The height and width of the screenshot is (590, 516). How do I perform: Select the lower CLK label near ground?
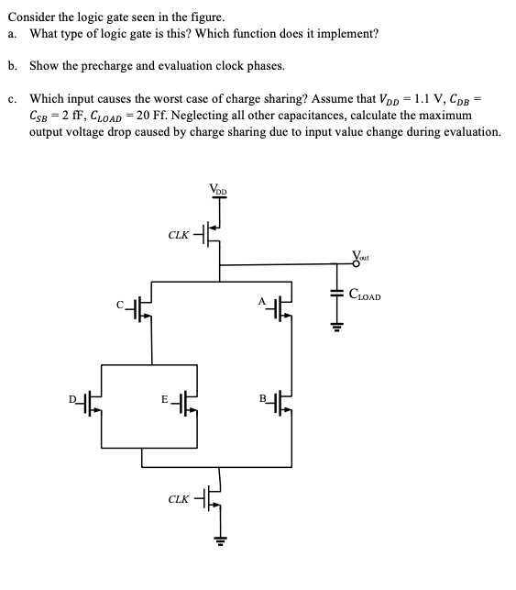coord(180,499)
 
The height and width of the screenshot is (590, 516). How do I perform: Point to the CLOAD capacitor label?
coord(364,296)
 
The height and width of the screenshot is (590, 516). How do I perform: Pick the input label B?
coord(262,398)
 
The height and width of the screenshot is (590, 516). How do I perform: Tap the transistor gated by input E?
coord(188,405)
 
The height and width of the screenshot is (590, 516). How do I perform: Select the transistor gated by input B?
coord(285,405)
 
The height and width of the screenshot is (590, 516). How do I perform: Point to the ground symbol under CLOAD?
coord(336,325)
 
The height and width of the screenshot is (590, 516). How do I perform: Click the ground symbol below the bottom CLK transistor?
coord(218,540)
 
